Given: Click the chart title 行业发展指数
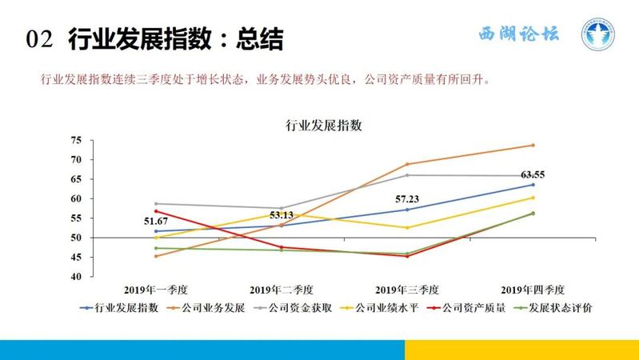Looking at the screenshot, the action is click(x=324, y=125).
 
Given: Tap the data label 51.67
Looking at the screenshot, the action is click(x=156, y=222).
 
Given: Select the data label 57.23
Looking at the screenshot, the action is click(x=407, y=199).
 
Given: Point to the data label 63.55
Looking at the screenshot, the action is click(x=533, y=175).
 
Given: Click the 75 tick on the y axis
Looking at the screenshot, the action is click(x=76, y=140).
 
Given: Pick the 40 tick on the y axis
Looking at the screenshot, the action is click(x=76, y=277).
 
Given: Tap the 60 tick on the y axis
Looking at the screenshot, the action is click(x=76, y=198).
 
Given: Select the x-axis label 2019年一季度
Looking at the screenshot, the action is click(x=156, y=290).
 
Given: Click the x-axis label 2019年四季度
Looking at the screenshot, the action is click(x=533, y=290).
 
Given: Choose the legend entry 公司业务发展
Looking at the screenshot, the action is click(x=206, y=308).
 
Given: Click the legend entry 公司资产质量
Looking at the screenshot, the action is click(x=466, y=308).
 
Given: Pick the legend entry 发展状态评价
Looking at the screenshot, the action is click(x=553, y=308).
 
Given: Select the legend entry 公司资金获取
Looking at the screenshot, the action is click(x=293, y=308).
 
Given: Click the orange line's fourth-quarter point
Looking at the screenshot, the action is click(x=533, y=145).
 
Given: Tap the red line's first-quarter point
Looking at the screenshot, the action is click(x=156, y=211).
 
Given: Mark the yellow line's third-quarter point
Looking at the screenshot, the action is click(x=407, y=228).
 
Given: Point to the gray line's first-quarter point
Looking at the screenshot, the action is click(x=156, y=203).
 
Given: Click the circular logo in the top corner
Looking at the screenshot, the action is click(x=598, y=34).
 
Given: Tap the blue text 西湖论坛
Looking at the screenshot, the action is click(x=519, y=34).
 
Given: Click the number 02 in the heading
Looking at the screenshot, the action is click(x=39, y=39).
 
